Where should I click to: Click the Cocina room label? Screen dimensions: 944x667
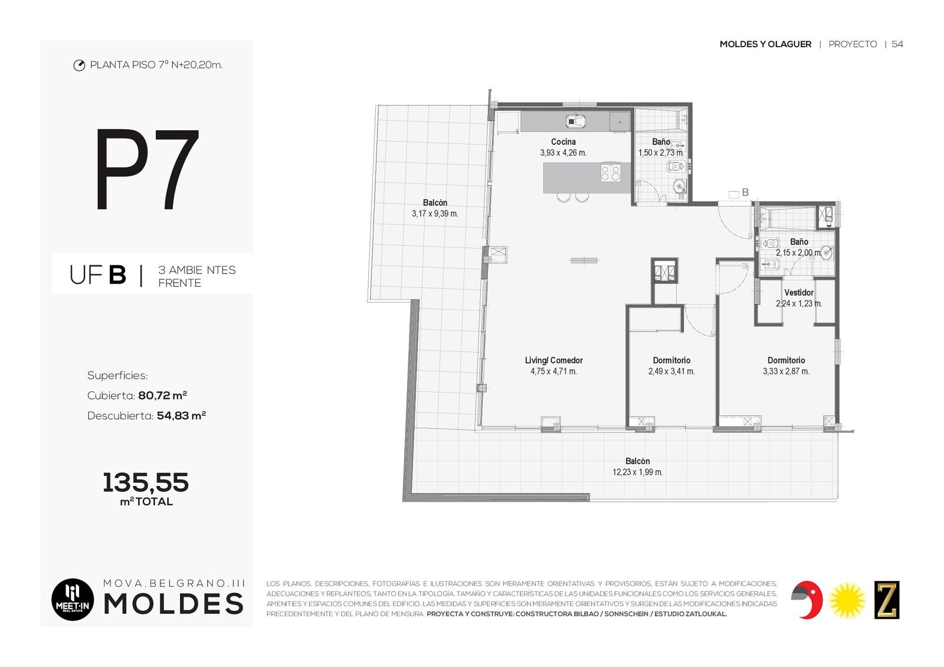click(563, 142)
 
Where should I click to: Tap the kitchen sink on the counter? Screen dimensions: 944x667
click(575, 121)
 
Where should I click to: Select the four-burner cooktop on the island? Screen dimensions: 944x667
click(611, 173)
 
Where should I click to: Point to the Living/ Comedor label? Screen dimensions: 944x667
click(553, 360)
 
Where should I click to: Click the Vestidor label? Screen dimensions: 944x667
click(799, 293)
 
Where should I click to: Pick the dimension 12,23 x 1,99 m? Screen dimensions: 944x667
click(637, 472)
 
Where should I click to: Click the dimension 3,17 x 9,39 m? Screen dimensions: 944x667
click(435, 213)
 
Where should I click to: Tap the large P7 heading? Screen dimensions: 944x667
click(147, 169)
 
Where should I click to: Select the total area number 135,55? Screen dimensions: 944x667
click(146, 482)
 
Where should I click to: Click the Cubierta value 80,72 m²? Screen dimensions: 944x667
click(163, 396)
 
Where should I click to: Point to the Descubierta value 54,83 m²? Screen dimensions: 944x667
click(181, 416)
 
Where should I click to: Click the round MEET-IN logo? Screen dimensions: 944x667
click(73, 599)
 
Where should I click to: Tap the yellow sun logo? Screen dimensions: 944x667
click(847, 600)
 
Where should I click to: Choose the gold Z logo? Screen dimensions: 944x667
click(887, 600)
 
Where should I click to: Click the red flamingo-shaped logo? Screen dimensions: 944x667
click(807, 600)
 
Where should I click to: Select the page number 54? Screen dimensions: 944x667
click(897, 44)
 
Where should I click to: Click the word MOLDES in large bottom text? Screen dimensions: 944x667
click(173, 604)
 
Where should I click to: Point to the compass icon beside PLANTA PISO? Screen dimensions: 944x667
click(79, 65)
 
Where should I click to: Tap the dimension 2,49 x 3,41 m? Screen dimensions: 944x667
click(671, 371)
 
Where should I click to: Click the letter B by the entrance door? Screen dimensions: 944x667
click(745, 192)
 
